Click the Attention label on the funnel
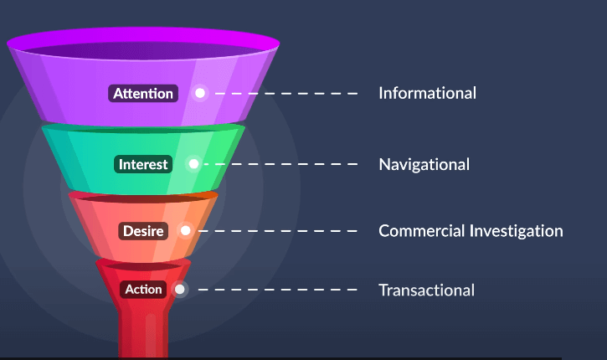143,93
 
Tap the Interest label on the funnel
143,164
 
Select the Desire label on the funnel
144,230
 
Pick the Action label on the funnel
143,290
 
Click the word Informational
427,93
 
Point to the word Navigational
424,164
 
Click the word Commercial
420,230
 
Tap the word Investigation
516,230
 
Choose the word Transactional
426,291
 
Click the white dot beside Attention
200,93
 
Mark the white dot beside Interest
193,164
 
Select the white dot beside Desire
185,230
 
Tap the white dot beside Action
179,290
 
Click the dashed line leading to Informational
285,93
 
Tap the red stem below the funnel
143,331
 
